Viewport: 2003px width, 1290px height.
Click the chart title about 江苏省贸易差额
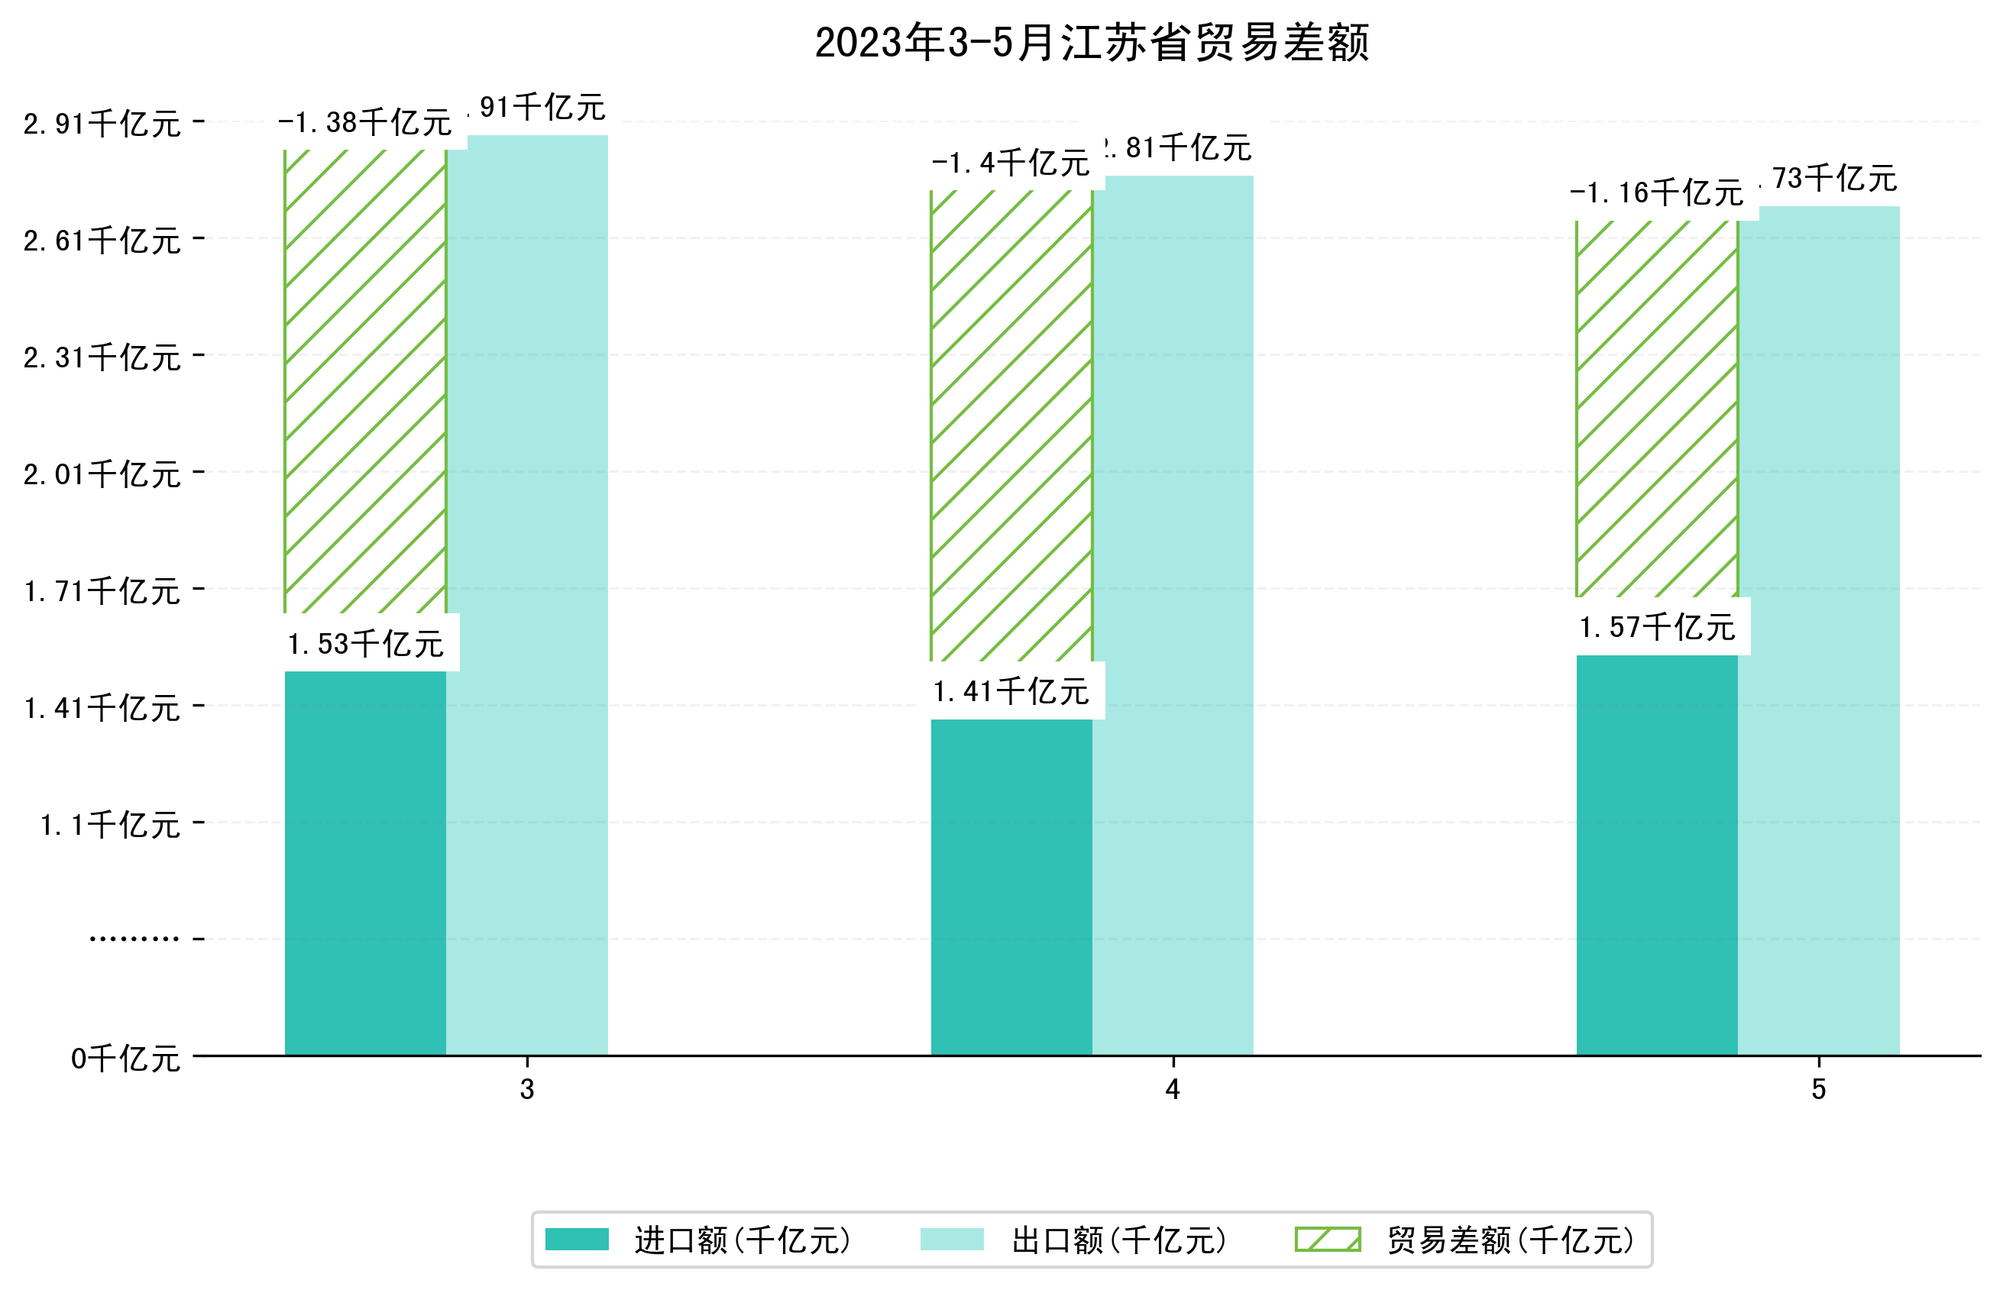click(1091, 43)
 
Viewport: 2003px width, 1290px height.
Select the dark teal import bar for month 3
click(365, 863)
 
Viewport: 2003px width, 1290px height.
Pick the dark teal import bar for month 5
click(1656, 855)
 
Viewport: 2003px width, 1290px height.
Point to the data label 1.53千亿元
click(365, 644)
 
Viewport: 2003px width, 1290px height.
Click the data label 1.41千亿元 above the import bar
click(1011, 692)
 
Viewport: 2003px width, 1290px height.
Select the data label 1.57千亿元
click(1656, 627)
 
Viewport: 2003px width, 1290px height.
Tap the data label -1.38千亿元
click(365, 123)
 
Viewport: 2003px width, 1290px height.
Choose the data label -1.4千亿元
click(1011, 163)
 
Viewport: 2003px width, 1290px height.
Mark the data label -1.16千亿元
click(1656, 193)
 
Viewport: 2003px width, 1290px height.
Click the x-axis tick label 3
click(527, 1090)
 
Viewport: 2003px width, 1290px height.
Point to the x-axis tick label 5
click(1818, 1090)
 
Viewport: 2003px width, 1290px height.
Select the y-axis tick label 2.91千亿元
click(102, 124)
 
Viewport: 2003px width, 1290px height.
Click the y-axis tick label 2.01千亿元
click(102, 475)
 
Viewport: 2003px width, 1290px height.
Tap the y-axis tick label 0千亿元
click(125, 1059)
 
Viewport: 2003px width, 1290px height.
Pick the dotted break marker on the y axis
click(134, 939)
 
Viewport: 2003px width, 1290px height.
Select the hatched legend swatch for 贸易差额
click(1327, 1240)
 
